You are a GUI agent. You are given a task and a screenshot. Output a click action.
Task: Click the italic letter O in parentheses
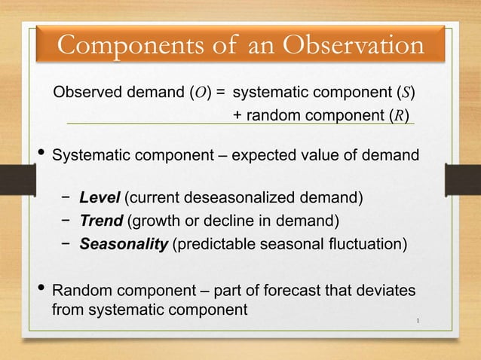pyautogui.click(x=201, y=94)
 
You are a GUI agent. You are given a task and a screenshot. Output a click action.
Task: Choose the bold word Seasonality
pyautogui.click(x=124, y=245)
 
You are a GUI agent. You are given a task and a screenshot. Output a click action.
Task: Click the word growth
pyautogui.click(x=157, y=221)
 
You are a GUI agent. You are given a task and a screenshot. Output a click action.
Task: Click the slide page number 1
pyautogui.click(x=418, y=324)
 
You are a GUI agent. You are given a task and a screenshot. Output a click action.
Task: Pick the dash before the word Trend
pyautogui.click(x=68, y=221)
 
